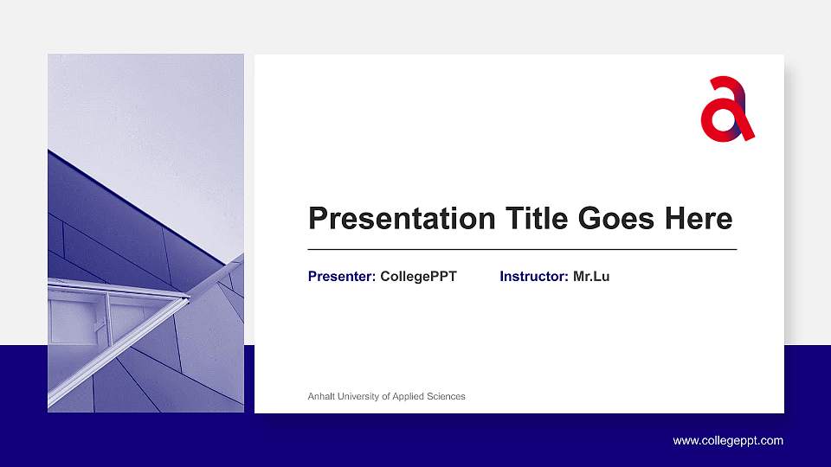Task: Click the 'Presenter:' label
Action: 342,277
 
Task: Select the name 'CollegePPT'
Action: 418,277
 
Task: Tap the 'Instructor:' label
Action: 534,277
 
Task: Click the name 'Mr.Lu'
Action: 591,277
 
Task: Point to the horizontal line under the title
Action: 522,249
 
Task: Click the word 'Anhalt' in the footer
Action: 321,396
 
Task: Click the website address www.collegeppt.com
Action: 728,441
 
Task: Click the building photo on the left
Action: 145,233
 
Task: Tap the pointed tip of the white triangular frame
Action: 188,298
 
